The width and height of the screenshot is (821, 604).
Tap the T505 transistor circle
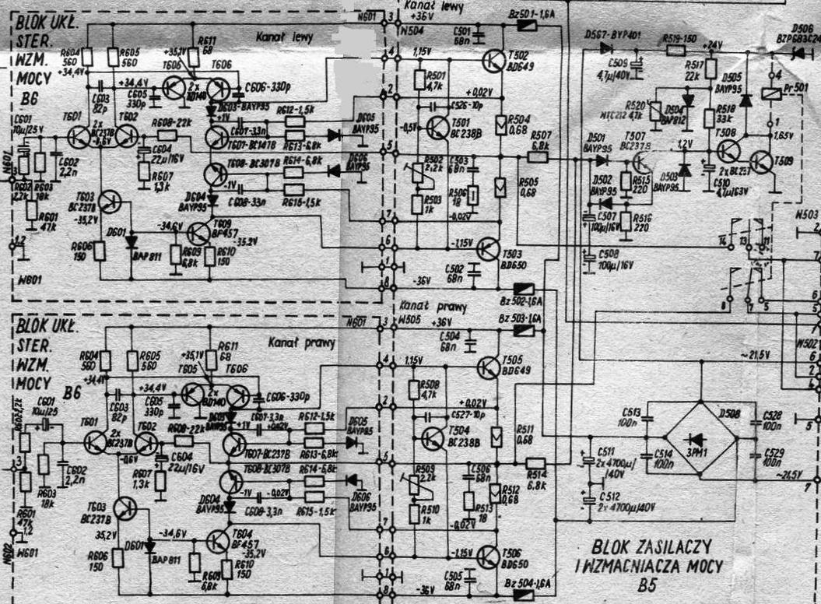point(489,367)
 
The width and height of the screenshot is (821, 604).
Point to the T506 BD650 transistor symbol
point(489,556)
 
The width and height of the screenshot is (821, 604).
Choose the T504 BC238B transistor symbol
point(433,439)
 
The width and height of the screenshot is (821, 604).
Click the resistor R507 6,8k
point(538,156)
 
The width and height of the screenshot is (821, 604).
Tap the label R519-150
point(679,38)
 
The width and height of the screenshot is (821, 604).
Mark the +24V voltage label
point(711,44)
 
